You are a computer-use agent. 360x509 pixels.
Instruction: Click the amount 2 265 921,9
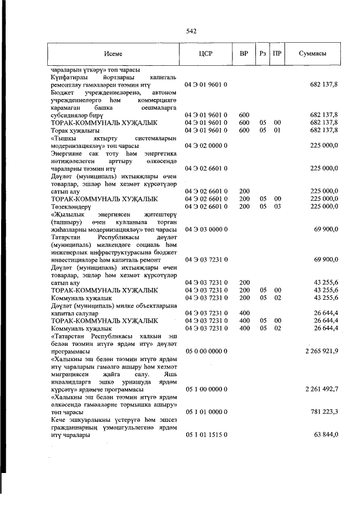click(321, 351)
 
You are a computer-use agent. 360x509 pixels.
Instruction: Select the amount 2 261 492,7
click(321, 389)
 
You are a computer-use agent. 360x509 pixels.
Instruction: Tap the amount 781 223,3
click(324, 412)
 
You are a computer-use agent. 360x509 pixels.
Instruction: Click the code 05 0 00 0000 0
click(205, 351)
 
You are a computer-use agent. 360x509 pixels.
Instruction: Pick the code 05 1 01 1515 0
click(205, 435)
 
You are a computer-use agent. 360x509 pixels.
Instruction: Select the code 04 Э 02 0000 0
click(205, 145)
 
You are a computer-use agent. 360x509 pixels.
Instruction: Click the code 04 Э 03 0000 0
click(205, 229)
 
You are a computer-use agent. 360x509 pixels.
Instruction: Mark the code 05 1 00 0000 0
click(205, 389)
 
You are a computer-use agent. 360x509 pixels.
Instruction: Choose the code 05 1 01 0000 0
click(205, 412)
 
